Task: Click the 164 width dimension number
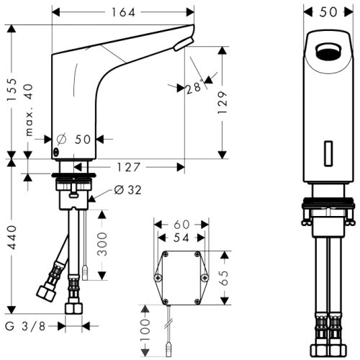pyautogui.click(x=123, y=12)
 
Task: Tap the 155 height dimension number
pyautogui.click(x=12, y=90)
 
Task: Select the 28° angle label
pyautogui.click(x=194, y=87)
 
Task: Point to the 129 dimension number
pyautogui.click(x=222, y=102)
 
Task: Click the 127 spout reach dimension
pyautogui.click(x=128, y=167)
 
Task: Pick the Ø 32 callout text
pyautogui.click(x=127, y=190)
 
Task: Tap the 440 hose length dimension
pyautogui.click(x=12, y=237)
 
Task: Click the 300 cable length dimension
pyautogui.click(x=102, y=244)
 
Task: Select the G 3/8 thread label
pyautogui.click(x=25, y=326)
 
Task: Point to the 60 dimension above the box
pyautogui.click(x=181, y=225)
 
